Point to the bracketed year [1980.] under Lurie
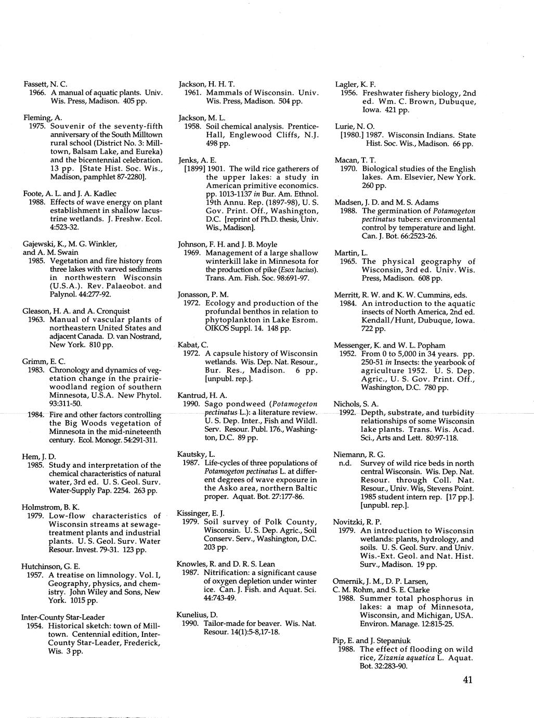[x=351, y=135]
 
